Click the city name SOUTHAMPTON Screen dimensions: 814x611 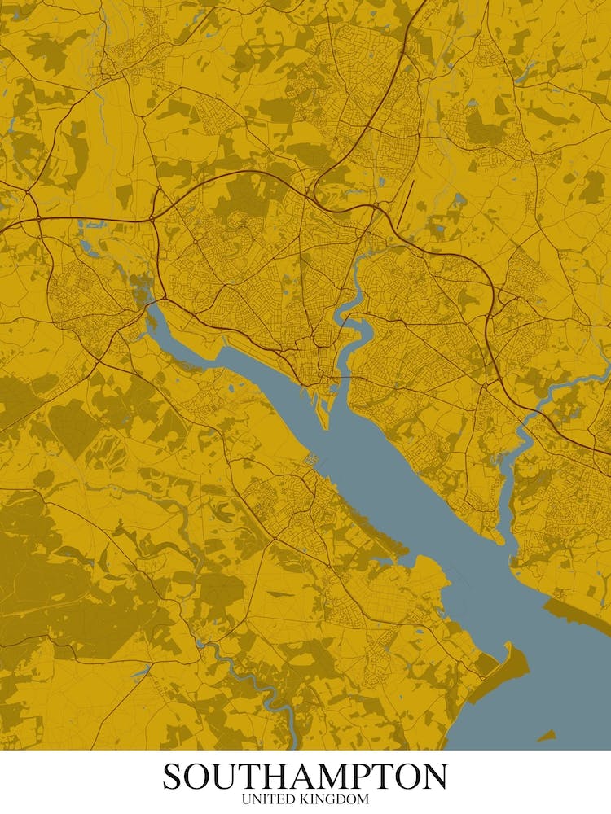click(305, 776)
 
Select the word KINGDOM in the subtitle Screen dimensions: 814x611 click(333, 800)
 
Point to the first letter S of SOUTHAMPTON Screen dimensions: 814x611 click(173, 776)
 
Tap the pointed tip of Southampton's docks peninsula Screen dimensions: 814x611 click(324, 425)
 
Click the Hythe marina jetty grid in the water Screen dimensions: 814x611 click(310, 460)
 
